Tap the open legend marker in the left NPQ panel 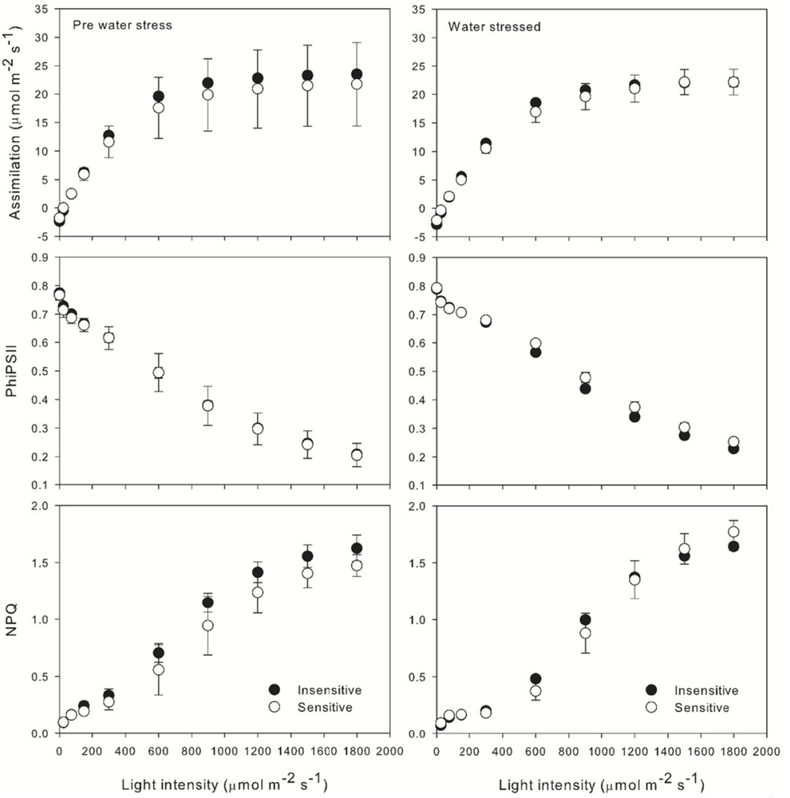click(274, 707)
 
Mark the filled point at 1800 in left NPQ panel click(356, 548)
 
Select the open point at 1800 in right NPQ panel click(733, 532)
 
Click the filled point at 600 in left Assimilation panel click(158, 96)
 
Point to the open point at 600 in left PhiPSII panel click(158, 373)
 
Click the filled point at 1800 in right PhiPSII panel click(733, 448)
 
